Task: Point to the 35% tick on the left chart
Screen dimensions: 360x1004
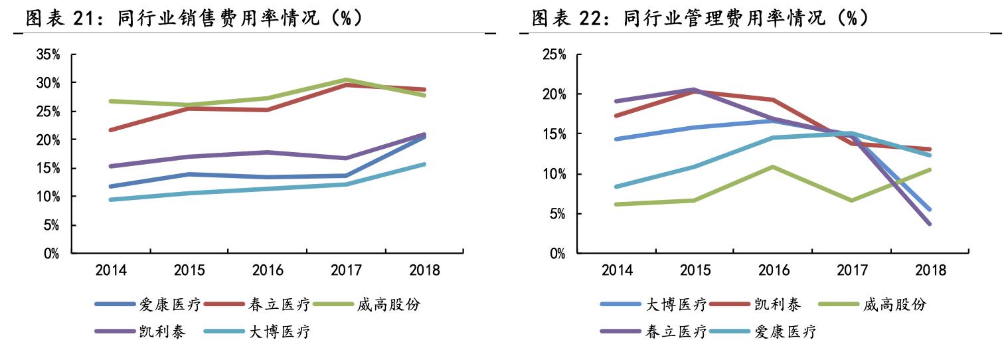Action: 48,54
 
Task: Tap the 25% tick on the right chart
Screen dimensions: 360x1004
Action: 554,54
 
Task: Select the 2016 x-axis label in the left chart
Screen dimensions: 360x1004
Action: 268,270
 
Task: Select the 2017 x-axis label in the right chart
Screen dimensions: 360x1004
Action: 853,270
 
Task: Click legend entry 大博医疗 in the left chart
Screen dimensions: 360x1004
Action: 280,332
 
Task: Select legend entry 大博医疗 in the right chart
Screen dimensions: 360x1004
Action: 675,305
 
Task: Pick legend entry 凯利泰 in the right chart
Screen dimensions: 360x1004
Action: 778,305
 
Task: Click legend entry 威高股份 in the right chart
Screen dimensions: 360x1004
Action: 894,305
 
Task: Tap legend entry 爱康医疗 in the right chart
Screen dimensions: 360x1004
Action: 786,332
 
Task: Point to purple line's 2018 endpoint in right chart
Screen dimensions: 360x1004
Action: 930,224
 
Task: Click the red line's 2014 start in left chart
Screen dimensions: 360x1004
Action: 110,130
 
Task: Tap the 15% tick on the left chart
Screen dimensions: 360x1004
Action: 48,168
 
